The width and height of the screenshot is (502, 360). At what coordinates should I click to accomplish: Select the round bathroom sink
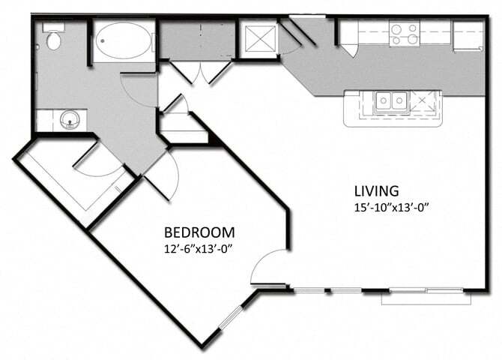click(70, 119)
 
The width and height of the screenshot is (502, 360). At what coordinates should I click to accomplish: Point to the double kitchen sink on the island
click(390, 100)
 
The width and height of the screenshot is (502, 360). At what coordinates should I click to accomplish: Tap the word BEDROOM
click(199, 232)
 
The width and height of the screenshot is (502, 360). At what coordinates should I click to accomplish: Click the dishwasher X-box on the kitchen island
click(423, 100)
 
